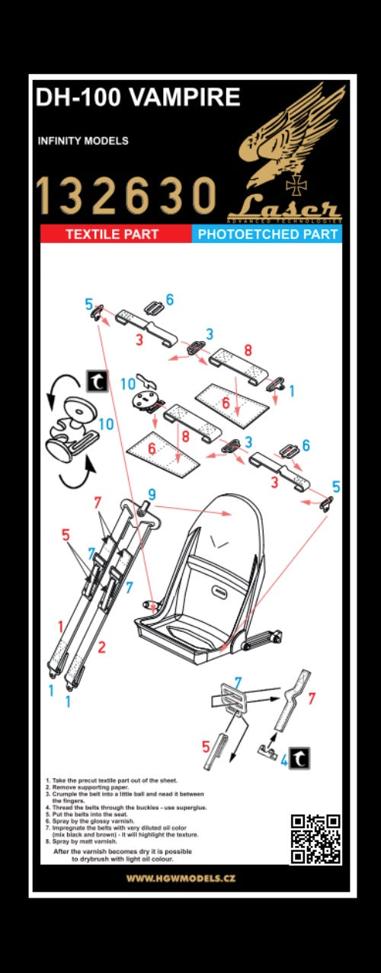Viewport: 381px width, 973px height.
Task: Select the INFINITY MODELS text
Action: click(82, 141)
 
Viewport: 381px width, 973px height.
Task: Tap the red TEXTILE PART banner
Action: click(111, 234)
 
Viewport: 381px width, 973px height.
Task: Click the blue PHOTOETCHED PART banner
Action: click(267, 234)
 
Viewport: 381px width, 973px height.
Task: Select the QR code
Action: click(315, 839)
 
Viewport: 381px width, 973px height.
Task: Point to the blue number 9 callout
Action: click(152, 494)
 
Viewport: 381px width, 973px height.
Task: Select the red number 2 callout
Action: click(101, 648)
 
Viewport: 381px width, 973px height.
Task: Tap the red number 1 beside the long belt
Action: click(61, 626)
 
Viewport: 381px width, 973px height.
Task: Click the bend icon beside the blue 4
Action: click(303, 758)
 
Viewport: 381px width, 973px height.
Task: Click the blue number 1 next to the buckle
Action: click(291, 390)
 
